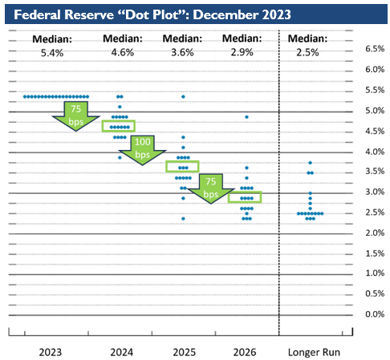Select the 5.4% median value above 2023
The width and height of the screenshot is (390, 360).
tap(55, 54)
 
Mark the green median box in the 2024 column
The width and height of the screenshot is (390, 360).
tap(119, 126)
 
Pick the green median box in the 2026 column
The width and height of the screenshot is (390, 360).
tap(245, 197)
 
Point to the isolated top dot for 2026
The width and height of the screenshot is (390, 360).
tap(246, 117)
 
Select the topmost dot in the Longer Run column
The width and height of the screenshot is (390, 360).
tap(310, 163)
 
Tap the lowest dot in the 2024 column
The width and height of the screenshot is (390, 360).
tap(120, 157)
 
